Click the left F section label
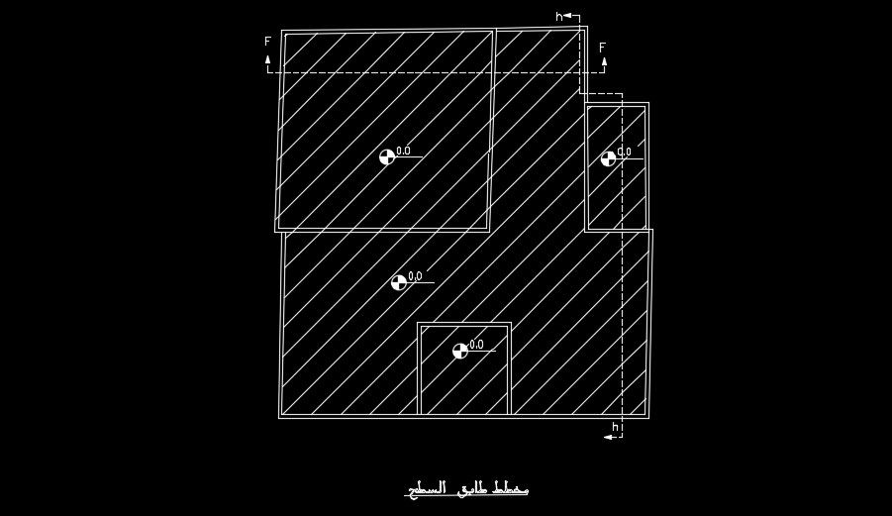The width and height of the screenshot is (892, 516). click(x=267, y=42)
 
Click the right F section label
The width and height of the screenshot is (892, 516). click(x=602, y=47)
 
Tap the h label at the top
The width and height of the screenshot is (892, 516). click(x=558, y=17)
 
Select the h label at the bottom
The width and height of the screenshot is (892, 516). click(x=615, y=427)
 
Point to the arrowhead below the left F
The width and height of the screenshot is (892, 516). click(x=267, y=59)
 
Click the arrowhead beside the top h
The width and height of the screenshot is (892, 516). click(x=568, y=16)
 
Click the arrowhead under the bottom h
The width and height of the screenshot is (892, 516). click(x=607, y=436)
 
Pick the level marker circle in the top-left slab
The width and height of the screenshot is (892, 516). click(x=387, y=156)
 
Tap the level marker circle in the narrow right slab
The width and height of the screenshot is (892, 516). click(x=608, y=158)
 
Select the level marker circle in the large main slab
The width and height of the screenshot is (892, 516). click(x=398, y=282)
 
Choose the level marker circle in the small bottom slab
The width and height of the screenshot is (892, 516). click(x=459, y=351)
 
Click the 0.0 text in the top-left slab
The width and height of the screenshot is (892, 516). click(x=403, y=151)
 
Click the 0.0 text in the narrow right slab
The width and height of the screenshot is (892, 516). click(x=624, y=153)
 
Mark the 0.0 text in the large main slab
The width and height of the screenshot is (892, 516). click(x=414, y=276)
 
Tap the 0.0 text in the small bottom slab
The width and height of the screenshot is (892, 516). click(x=476, y=345)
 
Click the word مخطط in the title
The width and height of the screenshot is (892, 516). click(x=509, y=489)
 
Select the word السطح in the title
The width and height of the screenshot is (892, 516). click(x=423, y=489)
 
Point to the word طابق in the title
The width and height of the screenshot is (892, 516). click(x=467, y=489)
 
